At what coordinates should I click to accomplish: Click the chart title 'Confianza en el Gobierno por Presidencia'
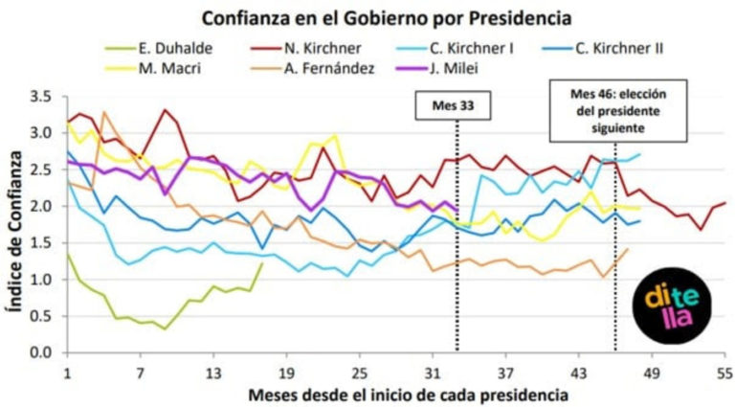tap(387, 19)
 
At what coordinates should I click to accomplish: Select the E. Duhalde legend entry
tap(159, 48)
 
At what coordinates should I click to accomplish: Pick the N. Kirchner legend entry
tap(305, 48)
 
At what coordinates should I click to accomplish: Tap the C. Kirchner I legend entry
tap(455, 48)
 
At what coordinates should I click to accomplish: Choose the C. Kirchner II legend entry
tap(602, 48)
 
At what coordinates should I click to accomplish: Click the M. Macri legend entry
tap(153, 68)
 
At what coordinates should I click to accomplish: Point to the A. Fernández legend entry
tap(312, 68)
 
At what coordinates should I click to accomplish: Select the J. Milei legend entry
tap(436, 68)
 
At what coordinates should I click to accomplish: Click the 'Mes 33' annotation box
tap(453, 105)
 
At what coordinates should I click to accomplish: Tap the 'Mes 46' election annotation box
tap(618, 111)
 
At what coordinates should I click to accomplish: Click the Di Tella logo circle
tap(671, 305)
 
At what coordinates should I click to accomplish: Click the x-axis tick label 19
tap(286, 373)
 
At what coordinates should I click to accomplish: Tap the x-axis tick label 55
tap(724, 373)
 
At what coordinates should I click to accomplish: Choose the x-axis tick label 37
tap(505, 373)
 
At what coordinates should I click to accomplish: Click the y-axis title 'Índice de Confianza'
tap(15, 231)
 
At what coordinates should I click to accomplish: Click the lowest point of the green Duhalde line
tap(165, 328)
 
